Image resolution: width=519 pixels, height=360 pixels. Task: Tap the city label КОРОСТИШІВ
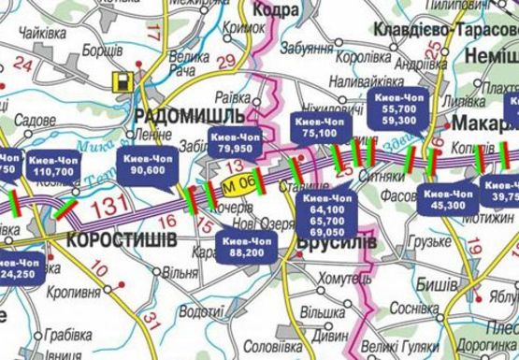pos(122,240)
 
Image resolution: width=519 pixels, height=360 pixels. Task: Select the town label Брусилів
pos(335,242)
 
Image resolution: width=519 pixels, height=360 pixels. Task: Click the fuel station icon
pos(121,80)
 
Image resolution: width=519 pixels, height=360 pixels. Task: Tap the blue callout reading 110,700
pos(52,166)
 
